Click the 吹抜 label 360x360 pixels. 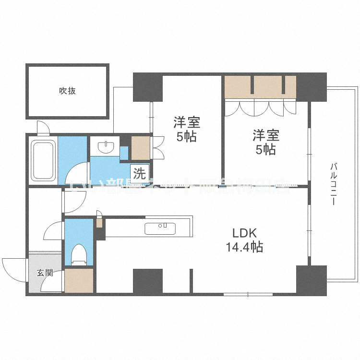point(67,90)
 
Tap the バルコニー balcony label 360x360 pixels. point(333,185)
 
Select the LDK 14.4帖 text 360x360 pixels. point(244,240)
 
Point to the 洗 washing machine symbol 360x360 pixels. point(139,173)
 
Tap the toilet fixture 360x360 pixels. point(78,255)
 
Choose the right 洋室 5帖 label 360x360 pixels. point(265,142)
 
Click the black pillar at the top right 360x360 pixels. point(312,86)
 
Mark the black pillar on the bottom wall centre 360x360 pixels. point(148,281)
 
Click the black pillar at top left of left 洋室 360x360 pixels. point(147,86)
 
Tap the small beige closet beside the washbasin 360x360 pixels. point(140,148)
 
